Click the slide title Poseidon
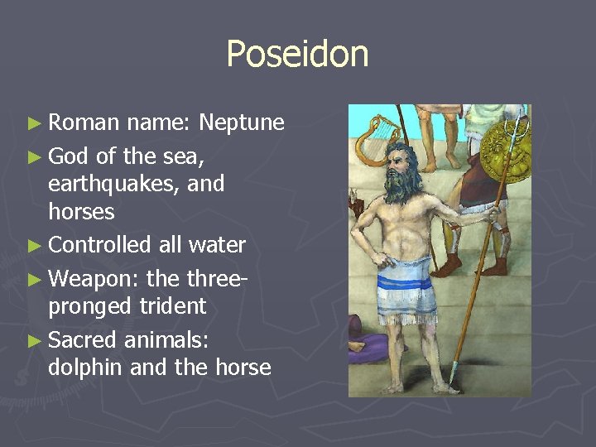pos(297,55)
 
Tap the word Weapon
pos(92,276)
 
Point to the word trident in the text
pos(175,305)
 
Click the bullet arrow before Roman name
pos(33,124)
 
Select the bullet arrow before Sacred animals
pos(33,338)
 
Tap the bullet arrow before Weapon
pos(33,276)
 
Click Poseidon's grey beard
pos(400,184)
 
